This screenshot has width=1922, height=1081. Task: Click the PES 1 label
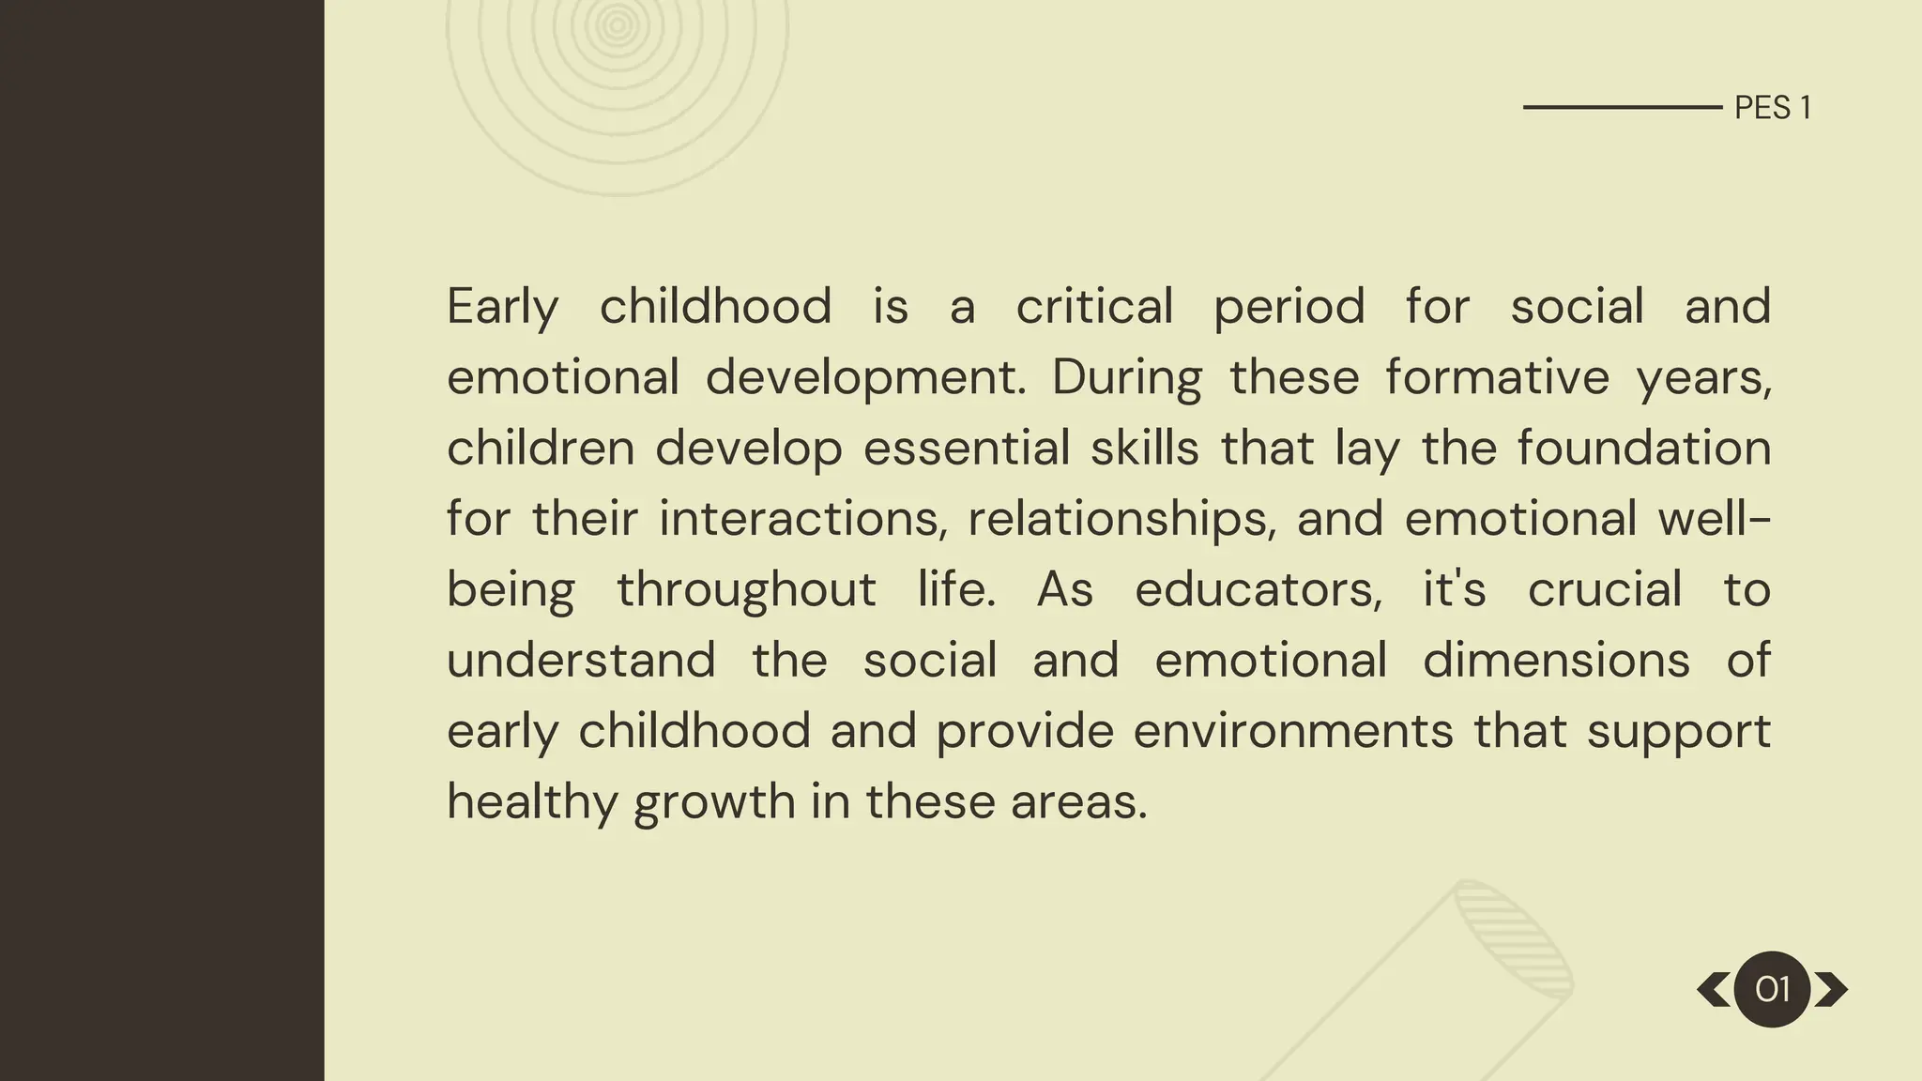[x=1772, y=108]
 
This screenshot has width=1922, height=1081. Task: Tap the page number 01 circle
[x=1772, y=989]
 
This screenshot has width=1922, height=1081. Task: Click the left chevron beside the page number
[x=1714, y=989]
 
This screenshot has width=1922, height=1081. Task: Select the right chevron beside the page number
[x=1831, y=989]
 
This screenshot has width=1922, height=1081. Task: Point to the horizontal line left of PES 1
[x=1622, y=108]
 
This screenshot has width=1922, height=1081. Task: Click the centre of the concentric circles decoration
[x=618, y=26]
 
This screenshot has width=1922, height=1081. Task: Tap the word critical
[x=1094, y=307]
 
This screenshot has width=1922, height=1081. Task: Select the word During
[x=1126, y=377]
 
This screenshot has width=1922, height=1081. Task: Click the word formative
[x=1497, y=377]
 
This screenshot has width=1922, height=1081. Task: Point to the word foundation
[x=1643, y=448]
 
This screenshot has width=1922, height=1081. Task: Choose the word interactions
[x=803, y=519]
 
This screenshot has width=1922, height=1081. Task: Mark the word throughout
[x=746, y=590]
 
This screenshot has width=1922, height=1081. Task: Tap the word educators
[x=1258, y=590]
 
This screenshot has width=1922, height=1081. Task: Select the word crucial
[x=1605, y=590]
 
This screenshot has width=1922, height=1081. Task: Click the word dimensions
[x=1556, y=661]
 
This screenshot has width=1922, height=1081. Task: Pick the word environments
[x=1293, y=731]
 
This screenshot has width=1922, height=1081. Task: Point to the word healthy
[x=530, y=802]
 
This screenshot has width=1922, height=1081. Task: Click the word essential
[x=966, y=448]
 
